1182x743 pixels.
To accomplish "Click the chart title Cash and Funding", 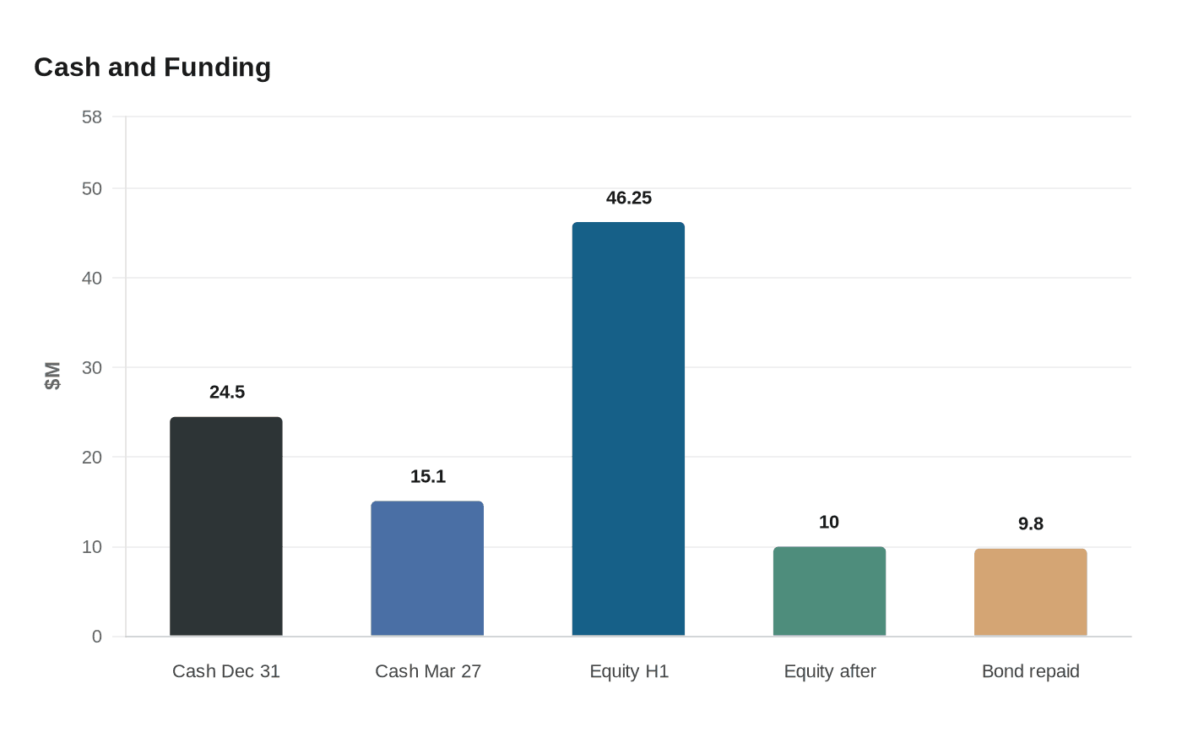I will point(152,68).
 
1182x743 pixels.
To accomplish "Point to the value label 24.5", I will point(227,392).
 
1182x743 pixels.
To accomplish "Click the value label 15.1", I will point(428,476).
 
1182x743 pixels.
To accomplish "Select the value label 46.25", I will point(629,198).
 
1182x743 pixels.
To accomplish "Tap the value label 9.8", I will point(1031,523).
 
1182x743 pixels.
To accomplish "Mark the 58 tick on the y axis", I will point(92,117).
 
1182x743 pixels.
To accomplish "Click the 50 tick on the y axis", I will point(92,188).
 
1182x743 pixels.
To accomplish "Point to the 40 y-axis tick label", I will point(92,278).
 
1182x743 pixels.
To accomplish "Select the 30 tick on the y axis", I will point(92,367).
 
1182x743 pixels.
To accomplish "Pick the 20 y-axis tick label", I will point(92,457).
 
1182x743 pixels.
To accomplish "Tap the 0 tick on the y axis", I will point(97,637).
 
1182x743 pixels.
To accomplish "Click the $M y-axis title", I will point(53,376).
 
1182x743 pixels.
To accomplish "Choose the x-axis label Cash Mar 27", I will point(428,671).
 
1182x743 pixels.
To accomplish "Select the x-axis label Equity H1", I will point(629,671).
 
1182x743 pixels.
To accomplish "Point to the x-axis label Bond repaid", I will point(1031,671).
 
